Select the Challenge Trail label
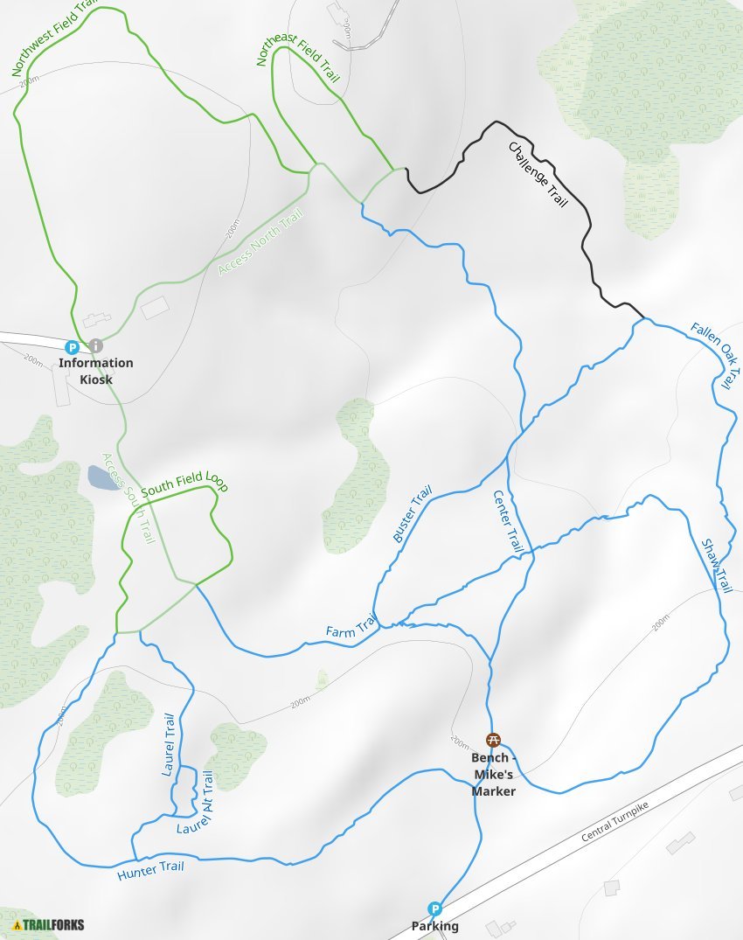pyautogui.click(x=538, y=175)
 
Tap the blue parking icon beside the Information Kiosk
pyautogui.click(x=73, y=346)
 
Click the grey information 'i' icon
pyautogui.click(x=95, y=346)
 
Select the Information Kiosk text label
pyautogui.click(x=95, y=371)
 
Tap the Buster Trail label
pyautogui.click(x=412, y=518)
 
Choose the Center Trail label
pyautogui.click(x=508, y=521)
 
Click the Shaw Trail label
pyautogui.click(x=716, y=567)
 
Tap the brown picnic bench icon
pyautogui.click(x=493, y=740)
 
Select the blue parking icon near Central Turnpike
pyautogui.click(x=434, y=909)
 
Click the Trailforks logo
pyautogui.click(x=48, y=924)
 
